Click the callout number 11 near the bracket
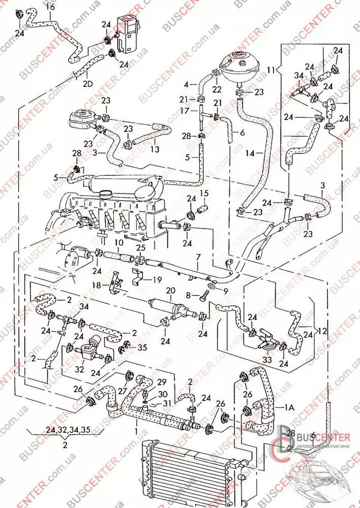coord(272,69)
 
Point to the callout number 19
coord(158,279)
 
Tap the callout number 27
coord(122,391)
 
